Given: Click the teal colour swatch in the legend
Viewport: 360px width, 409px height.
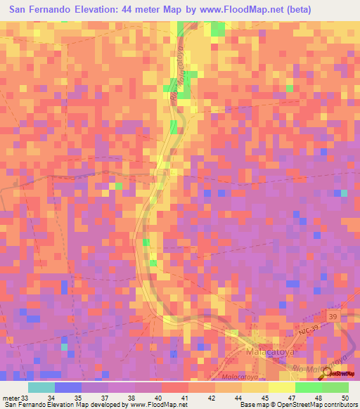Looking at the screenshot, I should coord(41,387).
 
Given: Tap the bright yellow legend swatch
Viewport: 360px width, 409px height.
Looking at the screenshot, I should coord(281,387).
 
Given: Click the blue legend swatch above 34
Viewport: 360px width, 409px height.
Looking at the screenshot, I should coord(68,387).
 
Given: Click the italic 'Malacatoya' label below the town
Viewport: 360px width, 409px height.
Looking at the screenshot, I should coord(236,377).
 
